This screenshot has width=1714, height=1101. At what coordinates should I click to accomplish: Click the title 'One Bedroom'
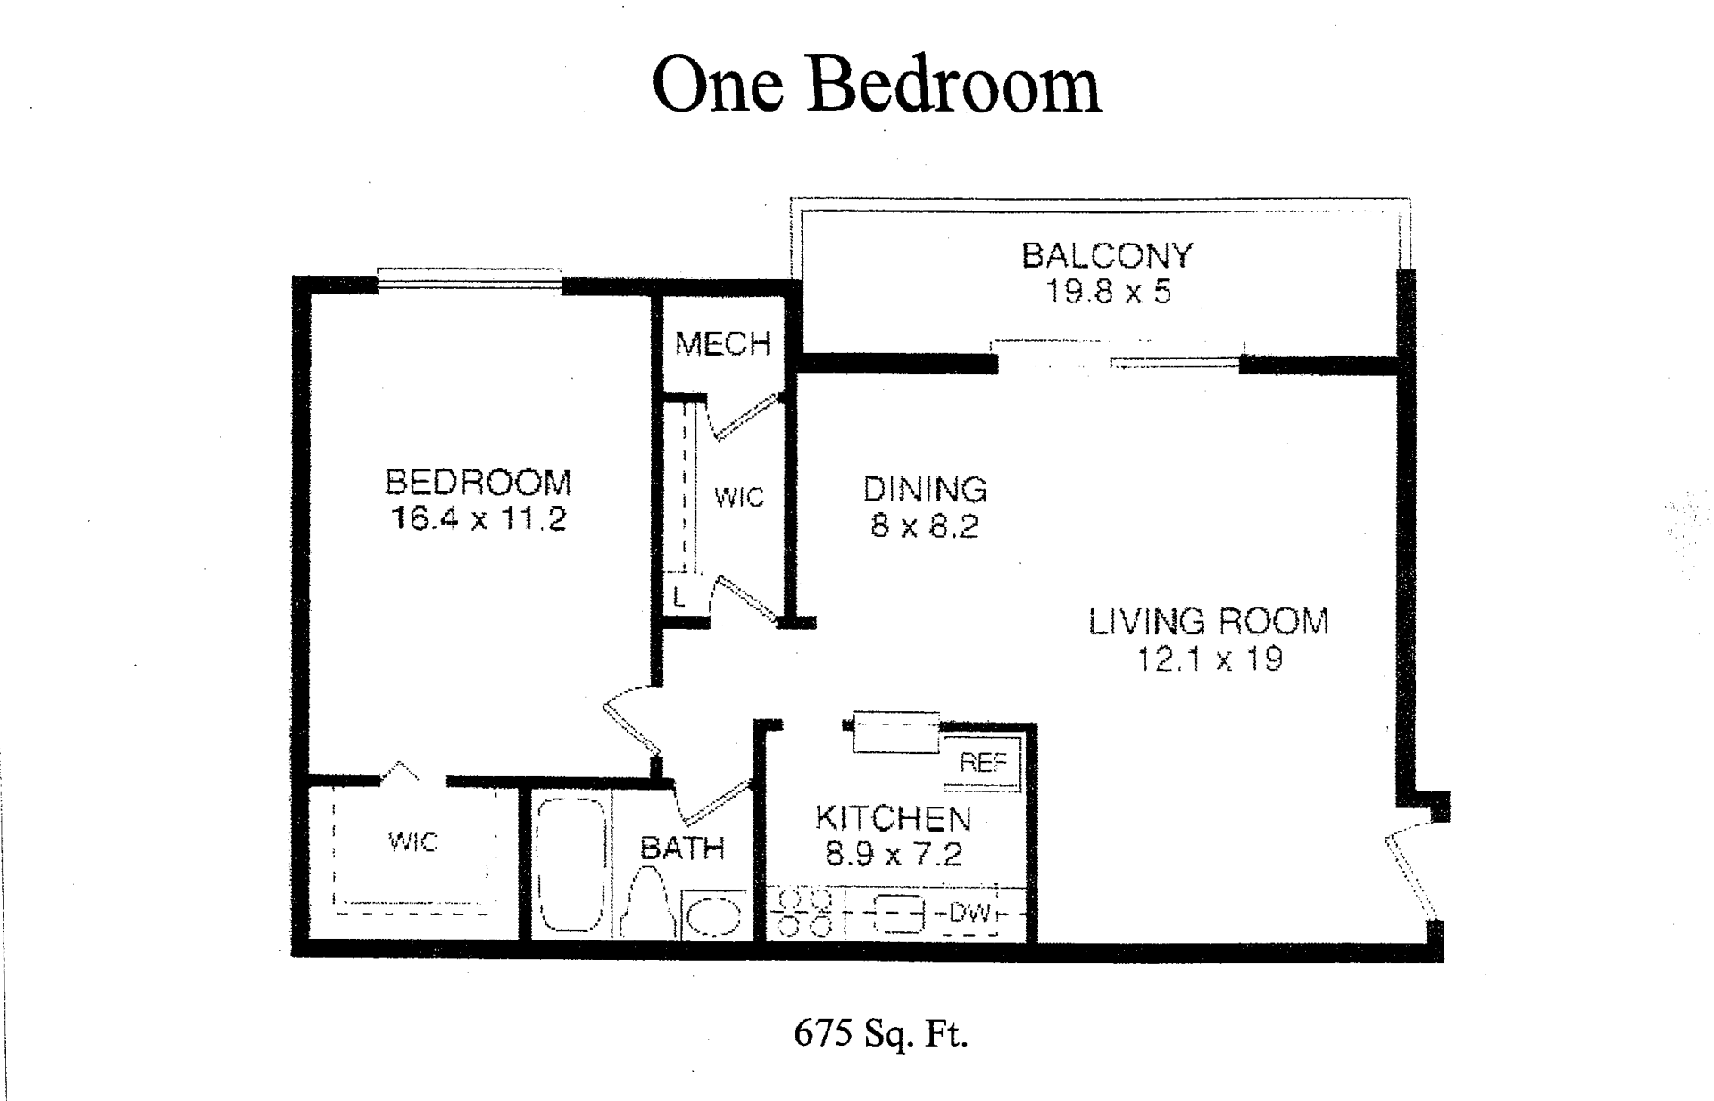[878, 85]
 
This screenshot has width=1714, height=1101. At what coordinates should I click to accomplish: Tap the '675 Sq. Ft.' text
[880, 1034]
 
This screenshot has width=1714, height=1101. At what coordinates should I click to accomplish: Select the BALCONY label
[1107, 256]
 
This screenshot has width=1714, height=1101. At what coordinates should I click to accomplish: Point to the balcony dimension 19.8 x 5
[1108, 292]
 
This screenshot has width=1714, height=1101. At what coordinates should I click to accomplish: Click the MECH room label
[722, 344]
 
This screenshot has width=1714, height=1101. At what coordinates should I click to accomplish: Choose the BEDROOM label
[478, 483]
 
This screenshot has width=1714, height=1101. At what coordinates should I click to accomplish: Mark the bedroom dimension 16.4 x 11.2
[478, 519]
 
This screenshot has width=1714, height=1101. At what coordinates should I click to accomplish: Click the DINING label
[925, 490]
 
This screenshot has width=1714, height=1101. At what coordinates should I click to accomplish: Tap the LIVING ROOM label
[1209, 622]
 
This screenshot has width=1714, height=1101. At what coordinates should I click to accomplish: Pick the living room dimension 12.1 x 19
[1210, 660]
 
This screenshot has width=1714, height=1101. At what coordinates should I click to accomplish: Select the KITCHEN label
[893, 818]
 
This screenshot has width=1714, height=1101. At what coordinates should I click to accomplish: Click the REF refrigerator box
[983, 764]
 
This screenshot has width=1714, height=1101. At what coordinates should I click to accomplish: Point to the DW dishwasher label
[969, 914]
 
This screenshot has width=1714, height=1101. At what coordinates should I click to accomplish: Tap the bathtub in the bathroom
[571, 865]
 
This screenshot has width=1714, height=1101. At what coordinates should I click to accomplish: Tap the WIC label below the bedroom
[413, 841]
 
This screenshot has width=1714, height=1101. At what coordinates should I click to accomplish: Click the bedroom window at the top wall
[469, 280]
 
